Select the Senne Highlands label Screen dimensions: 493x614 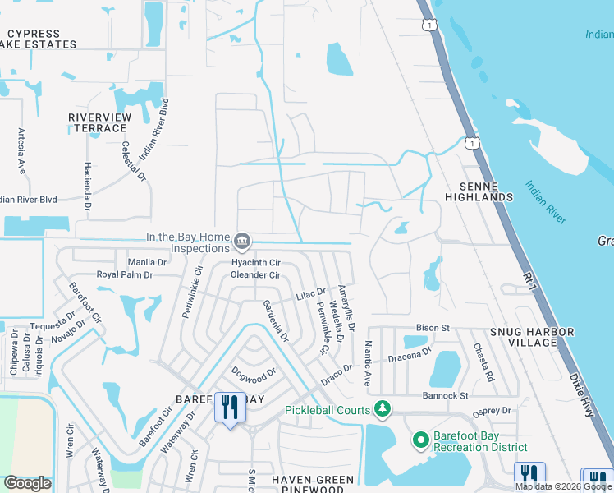479,191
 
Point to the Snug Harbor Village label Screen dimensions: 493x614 531,336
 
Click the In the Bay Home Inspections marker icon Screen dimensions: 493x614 242,242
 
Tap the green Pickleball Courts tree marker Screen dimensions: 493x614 381,408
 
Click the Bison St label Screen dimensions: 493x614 433,328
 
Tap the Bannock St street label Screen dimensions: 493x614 446,395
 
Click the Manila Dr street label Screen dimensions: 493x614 148,262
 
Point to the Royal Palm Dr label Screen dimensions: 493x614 125,274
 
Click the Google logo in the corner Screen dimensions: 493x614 26,483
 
